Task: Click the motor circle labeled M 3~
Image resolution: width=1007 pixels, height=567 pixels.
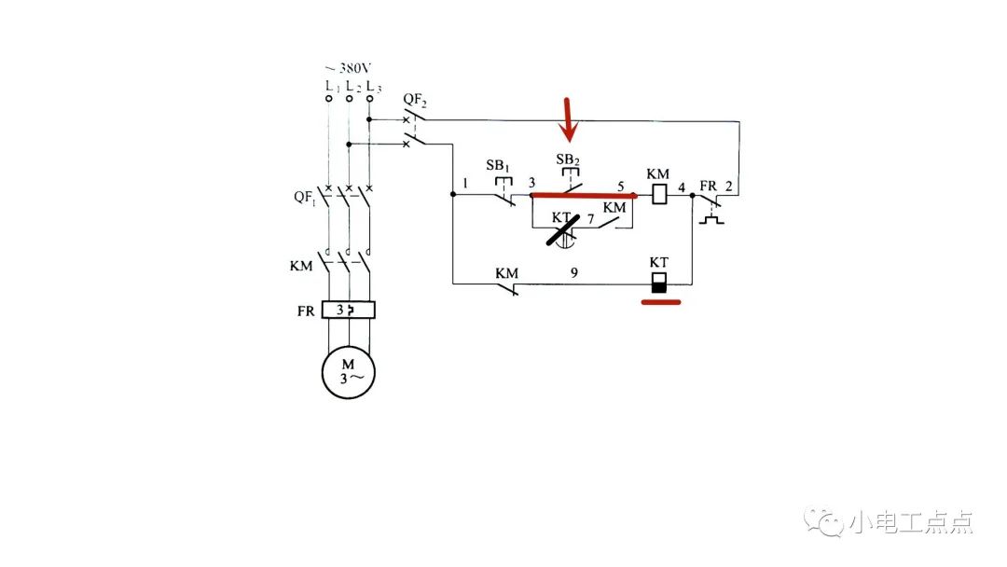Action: [x=349, y=371]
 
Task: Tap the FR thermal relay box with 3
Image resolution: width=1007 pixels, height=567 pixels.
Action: [x=348, y=311]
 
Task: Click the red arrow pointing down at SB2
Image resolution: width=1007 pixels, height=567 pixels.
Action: [x=569, y=119]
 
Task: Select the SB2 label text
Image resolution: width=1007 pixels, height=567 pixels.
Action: [x=568, y=160]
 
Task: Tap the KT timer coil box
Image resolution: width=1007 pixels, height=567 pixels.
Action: [x=659, y=283]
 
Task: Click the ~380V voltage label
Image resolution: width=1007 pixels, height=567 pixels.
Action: [x=347, y=69]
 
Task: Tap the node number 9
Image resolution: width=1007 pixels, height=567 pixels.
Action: [x=574, y=274]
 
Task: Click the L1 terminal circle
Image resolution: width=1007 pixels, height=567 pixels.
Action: [x=328, y=97]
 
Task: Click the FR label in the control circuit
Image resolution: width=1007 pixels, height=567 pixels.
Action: [x=708, y=187]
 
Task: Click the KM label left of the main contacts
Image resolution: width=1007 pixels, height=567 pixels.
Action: [x=300, y=266]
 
